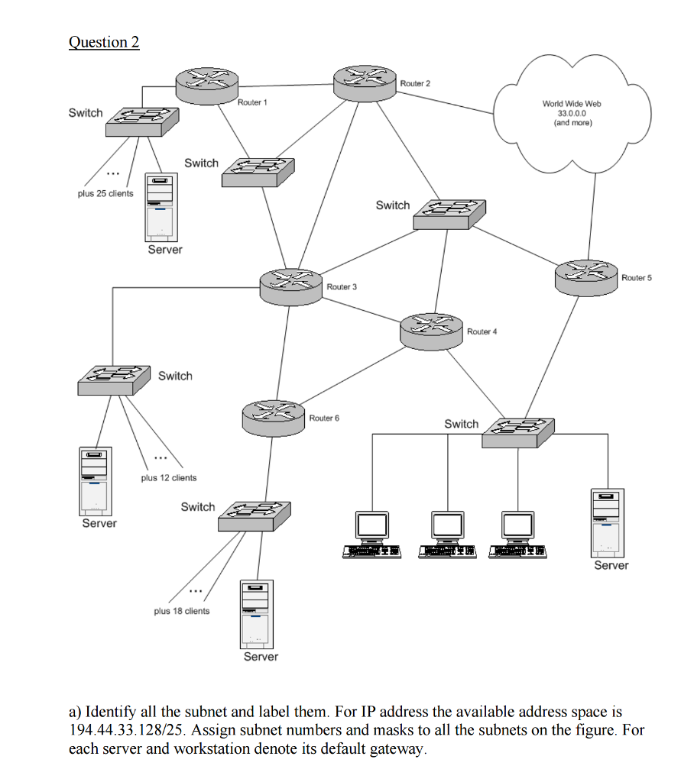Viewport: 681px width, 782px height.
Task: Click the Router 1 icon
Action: point(206,84)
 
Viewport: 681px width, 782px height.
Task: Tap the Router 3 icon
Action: point(290,286)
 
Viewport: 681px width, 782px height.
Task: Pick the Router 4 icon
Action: point(432,330)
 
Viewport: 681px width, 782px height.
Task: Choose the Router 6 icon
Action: point(273,417)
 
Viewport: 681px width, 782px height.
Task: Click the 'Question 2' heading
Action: point(104,42)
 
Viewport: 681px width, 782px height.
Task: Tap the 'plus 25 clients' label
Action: point(105,193)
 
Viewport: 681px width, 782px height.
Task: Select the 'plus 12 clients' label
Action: point(169,478)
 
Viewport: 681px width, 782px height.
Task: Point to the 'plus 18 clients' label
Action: point(181,611)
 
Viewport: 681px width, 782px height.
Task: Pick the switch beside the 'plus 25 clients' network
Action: point(142,121)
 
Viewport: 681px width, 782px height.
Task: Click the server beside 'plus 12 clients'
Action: point(96,481)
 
